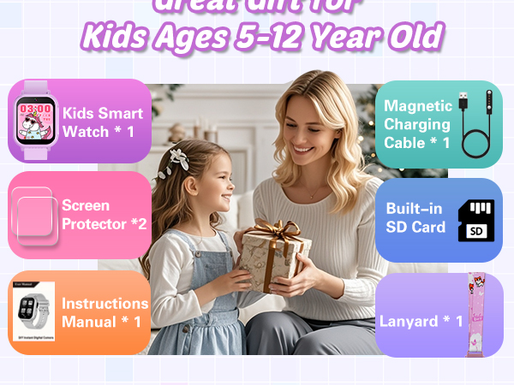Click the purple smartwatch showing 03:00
click(34, 119)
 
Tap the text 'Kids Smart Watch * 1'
click(103, 123)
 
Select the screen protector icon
click(33, 216)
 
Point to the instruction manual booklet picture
click(34, 313)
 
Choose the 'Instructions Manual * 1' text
click(105, 313)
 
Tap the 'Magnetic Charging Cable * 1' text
click(417, 124)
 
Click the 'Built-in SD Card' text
click(416, 218)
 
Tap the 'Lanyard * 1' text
click(421, 322)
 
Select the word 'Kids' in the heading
click(115, 37)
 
